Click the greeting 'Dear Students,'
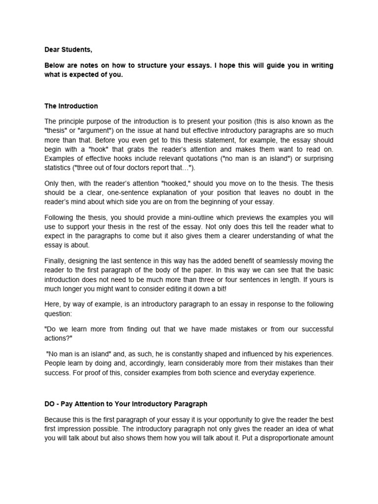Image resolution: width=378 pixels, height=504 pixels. [68, 49]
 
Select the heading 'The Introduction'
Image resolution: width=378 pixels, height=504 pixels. [71, 106]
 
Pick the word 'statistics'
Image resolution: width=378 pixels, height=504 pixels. [59, 168]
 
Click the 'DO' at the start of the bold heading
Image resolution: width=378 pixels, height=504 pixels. [50, 404]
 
